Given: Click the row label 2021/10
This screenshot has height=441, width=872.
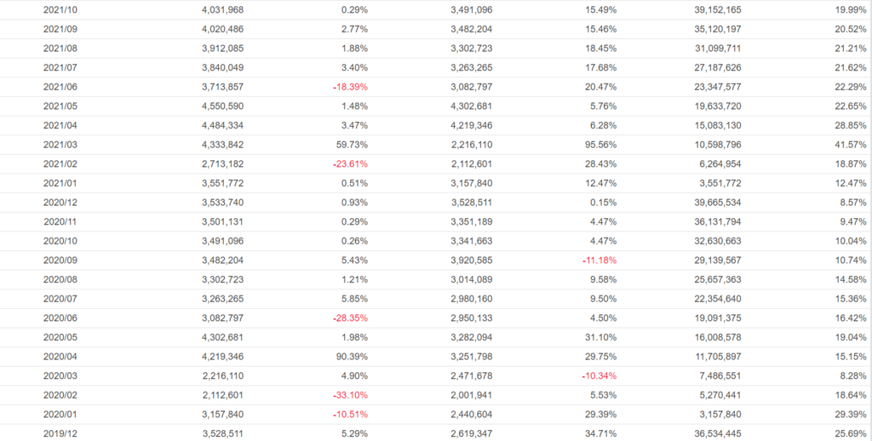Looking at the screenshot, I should (x=60, y=9).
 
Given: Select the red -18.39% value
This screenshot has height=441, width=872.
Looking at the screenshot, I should (x=350, y=87).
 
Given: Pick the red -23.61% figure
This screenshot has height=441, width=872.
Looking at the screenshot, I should (x=350, y=163).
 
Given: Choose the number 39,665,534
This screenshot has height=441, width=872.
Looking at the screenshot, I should (x=712, y=203).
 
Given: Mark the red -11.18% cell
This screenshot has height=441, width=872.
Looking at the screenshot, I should (x=598, y=260).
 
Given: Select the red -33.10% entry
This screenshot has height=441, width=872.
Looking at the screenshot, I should (x=350, y=394).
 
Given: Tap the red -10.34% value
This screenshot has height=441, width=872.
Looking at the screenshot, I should (x=598, y=375).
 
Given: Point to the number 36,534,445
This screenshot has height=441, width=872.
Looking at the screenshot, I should (x=712, y=433).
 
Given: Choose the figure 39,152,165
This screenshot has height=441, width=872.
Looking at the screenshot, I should (x=712, y=9).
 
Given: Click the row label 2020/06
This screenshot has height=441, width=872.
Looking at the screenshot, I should (x=60, y=318).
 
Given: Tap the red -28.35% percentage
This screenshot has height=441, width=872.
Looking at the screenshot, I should (x=350, y=318).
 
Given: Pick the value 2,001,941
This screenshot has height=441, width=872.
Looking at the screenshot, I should (x=471, y=394).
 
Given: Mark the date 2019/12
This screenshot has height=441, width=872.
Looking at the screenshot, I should (x=60, y=433).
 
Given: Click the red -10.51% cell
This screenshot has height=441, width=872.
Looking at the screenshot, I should (x=350, y=414).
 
